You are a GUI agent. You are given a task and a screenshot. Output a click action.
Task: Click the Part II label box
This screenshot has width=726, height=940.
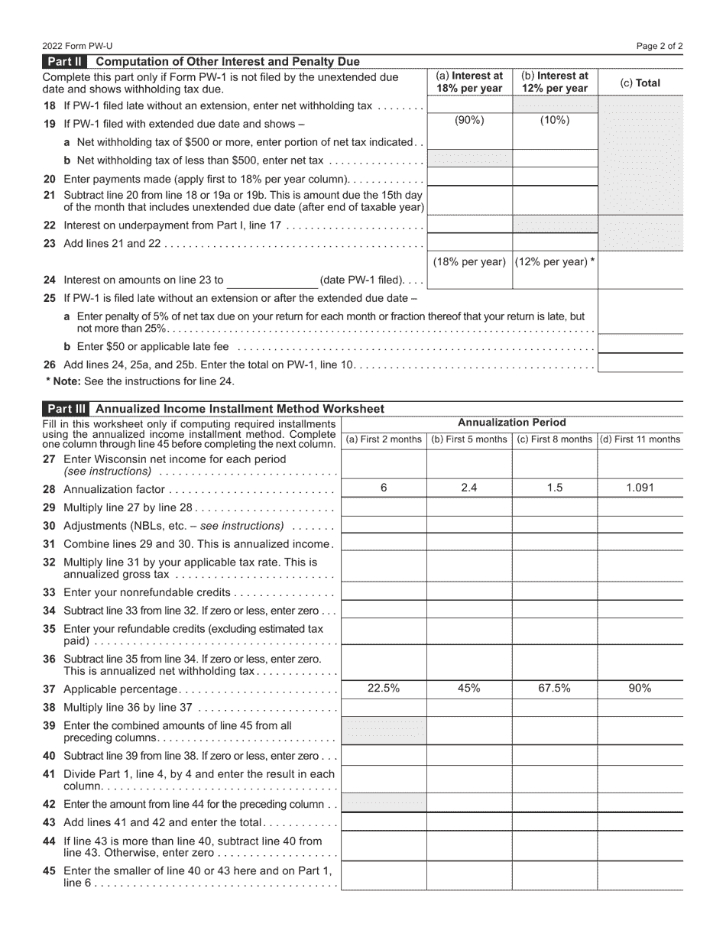tap(66, 62)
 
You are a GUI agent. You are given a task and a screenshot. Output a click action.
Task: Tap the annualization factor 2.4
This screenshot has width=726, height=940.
tap(468, 488)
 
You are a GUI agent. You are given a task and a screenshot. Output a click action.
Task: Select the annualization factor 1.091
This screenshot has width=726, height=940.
tap(639, 488)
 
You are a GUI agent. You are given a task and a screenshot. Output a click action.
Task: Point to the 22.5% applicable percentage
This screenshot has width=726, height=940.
tap(383, 688)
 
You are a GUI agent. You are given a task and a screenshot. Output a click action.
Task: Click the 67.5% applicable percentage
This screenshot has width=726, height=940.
tap(554, 688)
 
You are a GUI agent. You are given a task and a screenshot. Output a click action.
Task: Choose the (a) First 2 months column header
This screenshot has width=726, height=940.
tap(384, 439)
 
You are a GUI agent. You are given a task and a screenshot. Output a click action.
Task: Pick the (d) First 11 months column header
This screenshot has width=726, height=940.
tap(640, 439)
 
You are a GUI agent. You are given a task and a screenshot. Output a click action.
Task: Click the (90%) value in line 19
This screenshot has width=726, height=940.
tap(469, 120)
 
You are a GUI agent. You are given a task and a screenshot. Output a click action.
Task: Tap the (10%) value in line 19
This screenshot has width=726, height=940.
tap(554, 120)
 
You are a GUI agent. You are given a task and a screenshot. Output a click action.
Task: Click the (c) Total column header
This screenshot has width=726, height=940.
tap(640, 83)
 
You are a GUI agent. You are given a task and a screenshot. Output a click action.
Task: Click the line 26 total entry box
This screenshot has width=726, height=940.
tap(640, 364)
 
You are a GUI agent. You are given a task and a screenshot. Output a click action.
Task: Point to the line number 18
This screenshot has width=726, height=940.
tap(50, 105)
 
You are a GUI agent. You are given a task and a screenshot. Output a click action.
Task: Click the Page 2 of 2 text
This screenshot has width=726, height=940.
tap(660, 46)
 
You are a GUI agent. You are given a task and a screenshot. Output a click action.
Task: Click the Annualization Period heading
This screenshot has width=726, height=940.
tap(511, 423)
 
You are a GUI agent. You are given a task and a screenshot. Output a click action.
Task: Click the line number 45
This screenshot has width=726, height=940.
tap(50, 870)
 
